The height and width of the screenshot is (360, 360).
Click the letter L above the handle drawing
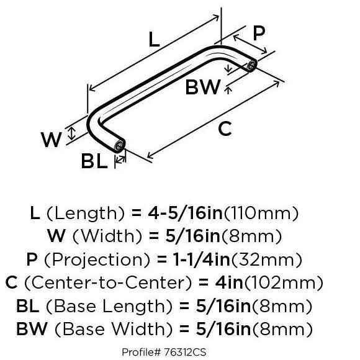tap(154, 39)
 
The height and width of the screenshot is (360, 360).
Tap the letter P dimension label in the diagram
tap(259, 33)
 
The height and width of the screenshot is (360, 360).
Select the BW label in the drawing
tap(203, 87)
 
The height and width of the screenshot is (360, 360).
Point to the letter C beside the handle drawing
tap(225, 129)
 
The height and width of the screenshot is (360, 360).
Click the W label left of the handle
tap(51, 140)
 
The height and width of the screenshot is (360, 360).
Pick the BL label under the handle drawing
tap(94, 161)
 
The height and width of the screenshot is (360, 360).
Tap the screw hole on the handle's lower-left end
tap(120, 145)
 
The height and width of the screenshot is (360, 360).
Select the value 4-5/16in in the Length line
tap(186, 213)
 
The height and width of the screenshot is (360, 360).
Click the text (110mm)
tap(261, 214)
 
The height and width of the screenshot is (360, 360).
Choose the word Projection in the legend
tap(97, 259)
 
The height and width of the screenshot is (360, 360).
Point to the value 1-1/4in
tap(201, 259)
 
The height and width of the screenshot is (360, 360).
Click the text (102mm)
tap(284, 282)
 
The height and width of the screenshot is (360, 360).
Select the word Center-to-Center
tap(108, 282)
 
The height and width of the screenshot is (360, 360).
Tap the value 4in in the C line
tap(229, 282)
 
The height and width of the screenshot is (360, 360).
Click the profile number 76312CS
tap(185, 352)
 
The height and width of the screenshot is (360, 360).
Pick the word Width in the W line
tap(107, 236)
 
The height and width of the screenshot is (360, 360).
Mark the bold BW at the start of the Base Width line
tap(32, 329)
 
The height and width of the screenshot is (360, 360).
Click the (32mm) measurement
tap(267, 259)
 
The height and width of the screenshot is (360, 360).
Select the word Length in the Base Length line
tap(133, 307)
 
